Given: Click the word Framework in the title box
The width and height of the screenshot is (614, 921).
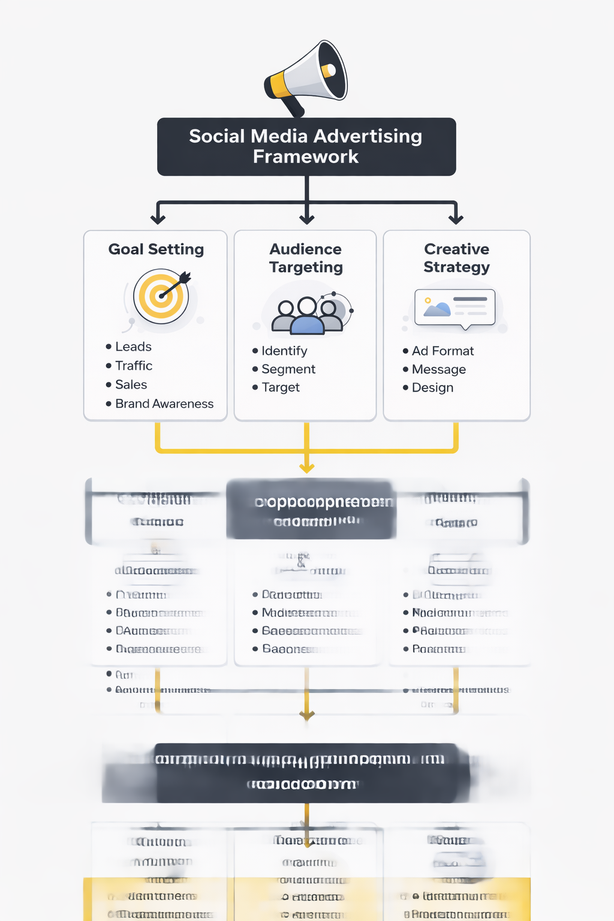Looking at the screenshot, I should coord(306,157).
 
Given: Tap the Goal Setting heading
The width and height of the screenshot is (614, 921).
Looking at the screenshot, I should coord(156,249).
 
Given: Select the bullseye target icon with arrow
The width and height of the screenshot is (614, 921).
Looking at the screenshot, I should coord(161,296).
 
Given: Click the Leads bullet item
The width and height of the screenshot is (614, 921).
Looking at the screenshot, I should coord(133,347).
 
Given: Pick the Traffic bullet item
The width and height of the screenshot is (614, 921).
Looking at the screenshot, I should coord(134,366).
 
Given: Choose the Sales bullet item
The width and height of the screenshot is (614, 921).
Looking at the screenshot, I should coord(131,385).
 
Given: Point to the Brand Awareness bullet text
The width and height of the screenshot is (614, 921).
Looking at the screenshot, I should coord(164,404).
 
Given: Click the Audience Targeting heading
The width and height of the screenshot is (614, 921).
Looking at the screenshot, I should coord(306,258).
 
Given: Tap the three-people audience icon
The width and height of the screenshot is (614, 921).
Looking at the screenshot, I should coord(308,315).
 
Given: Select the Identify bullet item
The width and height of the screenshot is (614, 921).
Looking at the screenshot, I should coord(284,351).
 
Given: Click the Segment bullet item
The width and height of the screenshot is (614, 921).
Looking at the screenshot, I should coord(288,369).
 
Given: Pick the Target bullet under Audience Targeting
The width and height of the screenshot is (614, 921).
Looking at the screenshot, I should coord(281,387).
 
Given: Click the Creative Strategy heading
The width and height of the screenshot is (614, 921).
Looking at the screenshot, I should coord(457,258).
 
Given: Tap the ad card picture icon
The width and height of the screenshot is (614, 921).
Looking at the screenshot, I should coord(455,308).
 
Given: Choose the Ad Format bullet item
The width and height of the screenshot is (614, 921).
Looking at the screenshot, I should coord(443,351).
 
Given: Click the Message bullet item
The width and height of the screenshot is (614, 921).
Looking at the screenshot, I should coord(439,369).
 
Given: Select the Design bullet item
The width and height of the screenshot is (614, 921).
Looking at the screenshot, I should coord(432,388).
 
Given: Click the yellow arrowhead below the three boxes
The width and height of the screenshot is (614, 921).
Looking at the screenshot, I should coord(307,468).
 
